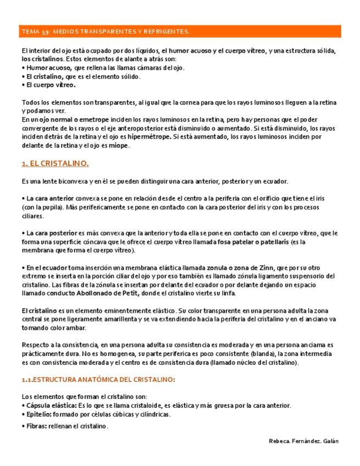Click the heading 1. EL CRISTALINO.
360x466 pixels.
point(55,163)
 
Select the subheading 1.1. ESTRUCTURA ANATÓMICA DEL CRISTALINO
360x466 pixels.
point(98,379)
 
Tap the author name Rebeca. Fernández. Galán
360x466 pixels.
point(304,441)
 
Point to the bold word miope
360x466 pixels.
point(119,145)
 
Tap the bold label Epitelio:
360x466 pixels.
point(38,414)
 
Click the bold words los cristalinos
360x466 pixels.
point(42,59)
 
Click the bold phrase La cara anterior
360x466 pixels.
point(48,198)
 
